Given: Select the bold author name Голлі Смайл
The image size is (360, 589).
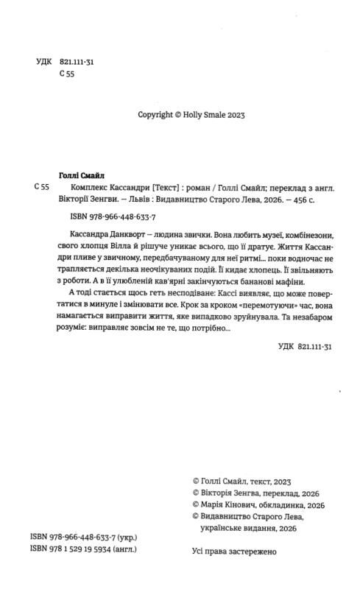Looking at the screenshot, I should (82, 174).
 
